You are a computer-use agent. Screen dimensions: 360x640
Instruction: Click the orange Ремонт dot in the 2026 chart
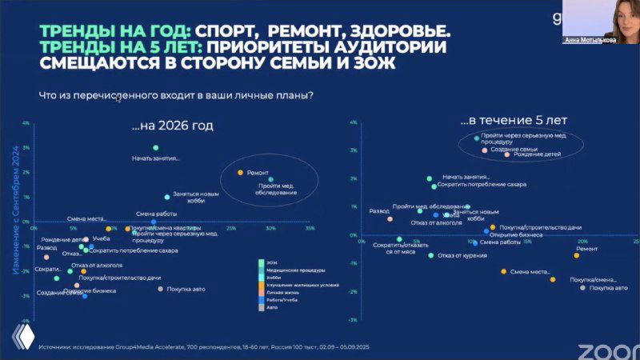coord(239,172)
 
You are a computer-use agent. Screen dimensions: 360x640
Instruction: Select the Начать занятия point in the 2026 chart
coord(155,148)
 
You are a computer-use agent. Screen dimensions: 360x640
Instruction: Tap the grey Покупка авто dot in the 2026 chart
coord(160,289)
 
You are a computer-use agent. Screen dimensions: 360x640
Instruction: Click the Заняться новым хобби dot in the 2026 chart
coord(166,197)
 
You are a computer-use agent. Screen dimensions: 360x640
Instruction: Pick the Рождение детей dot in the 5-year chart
coord(507,154)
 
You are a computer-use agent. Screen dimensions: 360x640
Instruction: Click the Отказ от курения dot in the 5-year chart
coord(430,255)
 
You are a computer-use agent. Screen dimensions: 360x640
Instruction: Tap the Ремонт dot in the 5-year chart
coord(576,255)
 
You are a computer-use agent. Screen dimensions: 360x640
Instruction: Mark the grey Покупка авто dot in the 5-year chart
coord(582,287)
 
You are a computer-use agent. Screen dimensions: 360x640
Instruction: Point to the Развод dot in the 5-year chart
coord(390,218)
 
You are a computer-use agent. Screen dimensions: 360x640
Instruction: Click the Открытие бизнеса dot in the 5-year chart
coord(486,232)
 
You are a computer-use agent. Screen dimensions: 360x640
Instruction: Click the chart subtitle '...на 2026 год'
coord(173,126)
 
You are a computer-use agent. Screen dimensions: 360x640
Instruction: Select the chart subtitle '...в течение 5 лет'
coord(514,120)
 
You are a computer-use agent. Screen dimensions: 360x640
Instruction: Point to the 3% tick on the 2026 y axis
coord(26,148)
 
